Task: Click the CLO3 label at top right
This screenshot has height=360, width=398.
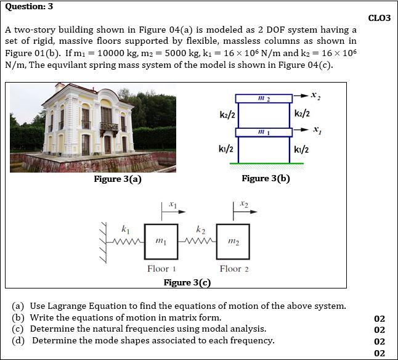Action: pyautogui.click(x=379, y=18)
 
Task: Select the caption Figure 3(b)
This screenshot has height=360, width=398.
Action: pyautogui.click(x=266, y=178)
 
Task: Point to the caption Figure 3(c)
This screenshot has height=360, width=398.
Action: pyautogui.click(x=187, y=282)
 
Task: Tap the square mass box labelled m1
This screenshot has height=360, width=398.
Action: pyautogui.click(x=161, y=241)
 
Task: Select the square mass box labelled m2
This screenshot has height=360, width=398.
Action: pyautogui.click(x=233, y=241)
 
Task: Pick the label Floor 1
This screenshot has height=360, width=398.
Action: pyautogui.click(x=162, y=269)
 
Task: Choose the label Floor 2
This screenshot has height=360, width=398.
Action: pyautogui.click(x=234, y=269)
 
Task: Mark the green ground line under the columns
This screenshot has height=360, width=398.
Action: pyautogui.click(x=266, y=163)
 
